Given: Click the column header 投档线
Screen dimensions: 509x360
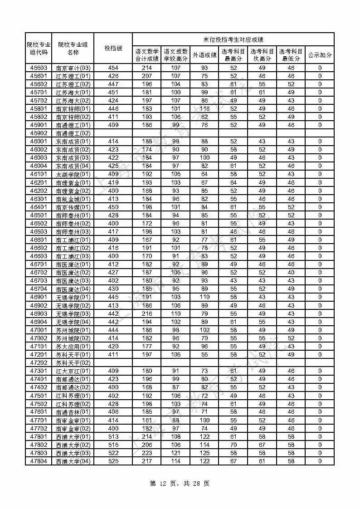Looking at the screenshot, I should coord(113,48).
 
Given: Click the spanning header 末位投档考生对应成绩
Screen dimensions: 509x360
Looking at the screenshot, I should coord(233,39).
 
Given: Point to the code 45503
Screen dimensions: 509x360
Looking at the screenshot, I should coord(39,68).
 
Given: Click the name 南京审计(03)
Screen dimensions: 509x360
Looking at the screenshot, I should coord(73,68).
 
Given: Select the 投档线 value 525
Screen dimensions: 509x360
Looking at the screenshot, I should coord(113,461).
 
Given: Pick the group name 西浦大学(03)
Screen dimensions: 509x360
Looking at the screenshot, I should coord(73,453).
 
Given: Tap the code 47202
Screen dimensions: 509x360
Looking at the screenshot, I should coord(39,363).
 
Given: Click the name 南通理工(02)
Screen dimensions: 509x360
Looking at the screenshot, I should coord(73,133).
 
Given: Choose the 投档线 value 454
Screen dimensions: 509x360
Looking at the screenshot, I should coord(113,68).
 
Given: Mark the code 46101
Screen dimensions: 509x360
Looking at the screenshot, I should coord(39,174).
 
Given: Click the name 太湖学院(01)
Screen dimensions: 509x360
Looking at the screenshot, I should coord(73,174).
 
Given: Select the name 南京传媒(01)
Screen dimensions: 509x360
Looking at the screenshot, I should coord(73,207).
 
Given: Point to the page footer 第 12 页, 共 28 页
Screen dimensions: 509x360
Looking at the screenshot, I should coord(180,484).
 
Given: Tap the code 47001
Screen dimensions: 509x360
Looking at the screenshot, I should coord(39,330).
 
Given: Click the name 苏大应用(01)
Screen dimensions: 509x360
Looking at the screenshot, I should coord(73,347).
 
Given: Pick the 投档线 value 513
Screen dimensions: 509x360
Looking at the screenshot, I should coord(113,437).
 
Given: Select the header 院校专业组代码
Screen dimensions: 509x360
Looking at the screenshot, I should coord(39,48).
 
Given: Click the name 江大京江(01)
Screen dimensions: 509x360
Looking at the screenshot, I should coord(73,371).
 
